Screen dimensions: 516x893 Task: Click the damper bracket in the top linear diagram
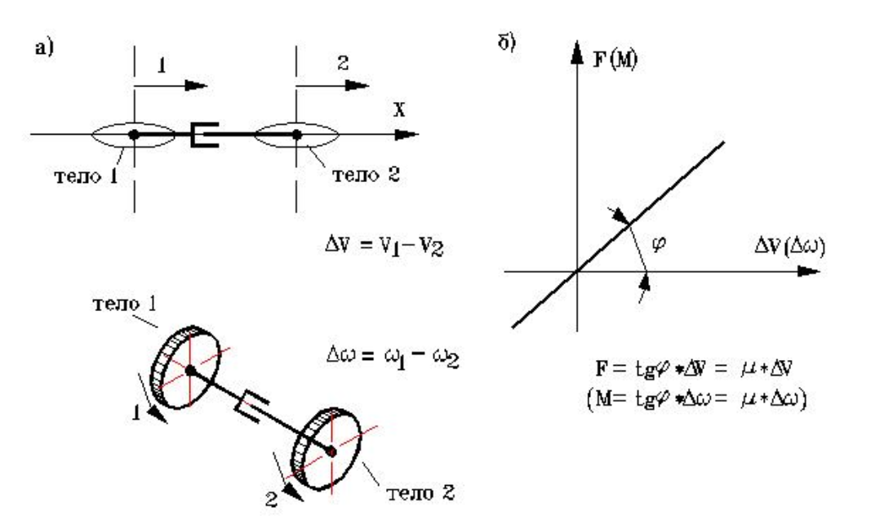[203, 134]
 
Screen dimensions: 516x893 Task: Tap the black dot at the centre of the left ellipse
[134, 133]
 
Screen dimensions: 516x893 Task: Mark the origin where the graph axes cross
[577, 271]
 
